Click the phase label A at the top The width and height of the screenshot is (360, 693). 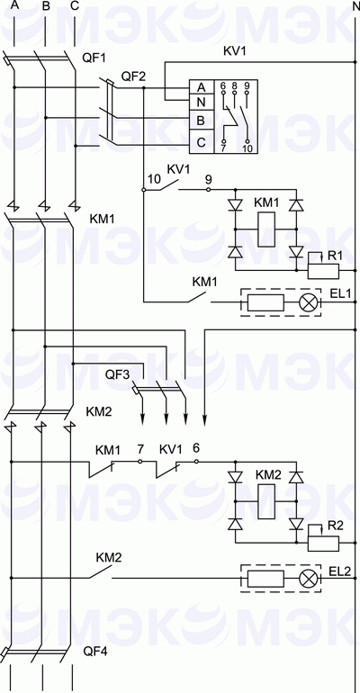[x=14, y=7]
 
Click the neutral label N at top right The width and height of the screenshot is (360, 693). [x=353, y=7]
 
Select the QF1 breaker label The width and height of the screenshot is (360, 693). [x=94, y=58]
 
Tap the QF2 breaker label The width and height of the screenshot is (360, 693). [x=133, y=76]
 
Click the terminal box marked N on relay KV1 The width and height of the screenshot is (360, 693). [x=202, y=103]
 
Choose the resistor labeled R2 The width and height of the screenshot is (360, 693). [x=322, y=543]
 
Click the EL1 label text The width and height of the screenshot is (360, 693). [x=339, y=293]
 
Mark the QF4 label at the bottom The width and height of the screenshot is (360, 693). [x=94, y=650]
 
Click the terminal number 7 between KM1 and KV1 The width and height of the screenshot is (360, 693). [x=140, y=448]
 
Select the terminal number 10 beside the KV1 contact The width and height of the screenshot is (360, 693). [x=153, y=180]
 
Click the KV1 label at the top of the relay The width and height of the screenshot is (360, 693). [x=234, y=51]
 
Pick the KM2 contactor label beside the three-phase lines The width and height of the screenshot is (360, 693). [x=99, y=411]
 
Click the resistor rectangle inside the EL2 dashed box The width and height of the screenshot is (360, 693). [x=265, y=579]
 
